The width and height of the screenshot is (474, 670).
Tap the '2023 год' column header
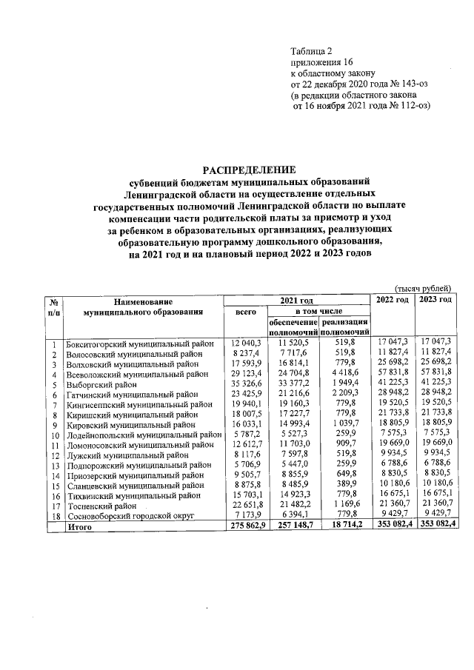(435, 299)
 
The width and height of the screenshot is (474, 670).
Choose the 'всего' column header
(245, 312)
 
